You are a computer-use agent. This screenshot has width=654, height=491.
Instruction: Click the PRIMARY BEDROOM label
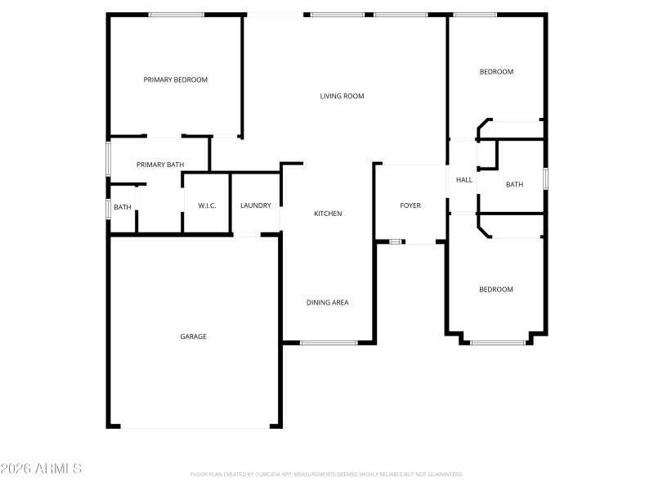click(x=176, y=80)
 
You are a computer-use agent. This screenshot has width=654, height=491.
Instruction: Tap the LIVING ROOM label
click(x=342, y=97)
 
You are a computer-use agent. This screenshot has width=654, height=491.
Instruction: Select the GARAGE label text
click(x=194, y=336)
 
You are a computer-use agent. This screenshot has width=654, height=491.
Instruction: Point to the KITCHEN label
click(x=328, y=214)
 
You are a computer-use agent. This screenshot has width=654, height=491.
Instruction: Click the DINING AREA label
click(x=328, y=303)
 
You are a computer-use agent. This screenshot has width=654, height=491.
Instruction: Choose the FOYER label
click(x=410, y=205)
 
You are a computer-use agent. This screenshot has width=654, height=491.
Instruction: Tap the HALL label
click(x=464, y=180)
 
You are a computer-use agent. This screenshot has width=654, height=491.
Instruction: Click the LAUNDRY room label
click(x=256, y=205)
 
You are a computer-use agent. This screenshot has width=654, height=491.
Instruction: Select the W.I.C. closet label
click(x=207, y=205)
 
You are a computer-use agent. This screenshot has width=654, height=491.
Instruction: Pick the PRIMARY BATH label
click(x=160, y=165)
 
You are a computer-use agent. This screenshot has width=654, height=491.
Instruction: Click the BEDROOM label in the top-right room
click(x=496, y=72)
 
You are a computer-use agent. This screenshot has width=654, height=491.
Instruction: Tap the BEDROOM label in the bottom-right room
click(x=496, y=290)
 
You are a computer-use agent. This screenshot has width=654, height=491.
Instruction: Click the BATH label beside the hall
click(x=514, y=185)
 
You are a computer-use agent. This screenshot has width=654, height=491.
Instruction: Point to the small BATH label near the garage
click(x=123, y=208)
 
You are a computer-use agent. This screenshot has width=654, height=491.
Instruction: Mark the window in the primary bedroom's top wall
click(x=177, y=15)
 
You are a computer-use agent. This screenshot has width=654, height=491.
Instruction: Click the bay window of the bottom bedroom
click(x=498, y=342)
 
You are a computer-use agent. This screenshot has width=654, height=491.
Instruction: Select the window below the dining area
click(x=329, y=342)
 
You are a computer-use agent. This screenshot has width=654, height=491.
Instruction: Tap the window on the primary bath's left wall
click(x=108, y=159)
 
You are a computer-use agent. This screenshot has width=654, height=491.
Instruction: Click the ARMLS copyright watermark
click(x=41, y=469)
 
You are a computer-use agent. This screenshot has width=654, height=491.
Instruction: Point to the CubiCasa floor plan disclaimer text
click(x=327, y=475)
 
